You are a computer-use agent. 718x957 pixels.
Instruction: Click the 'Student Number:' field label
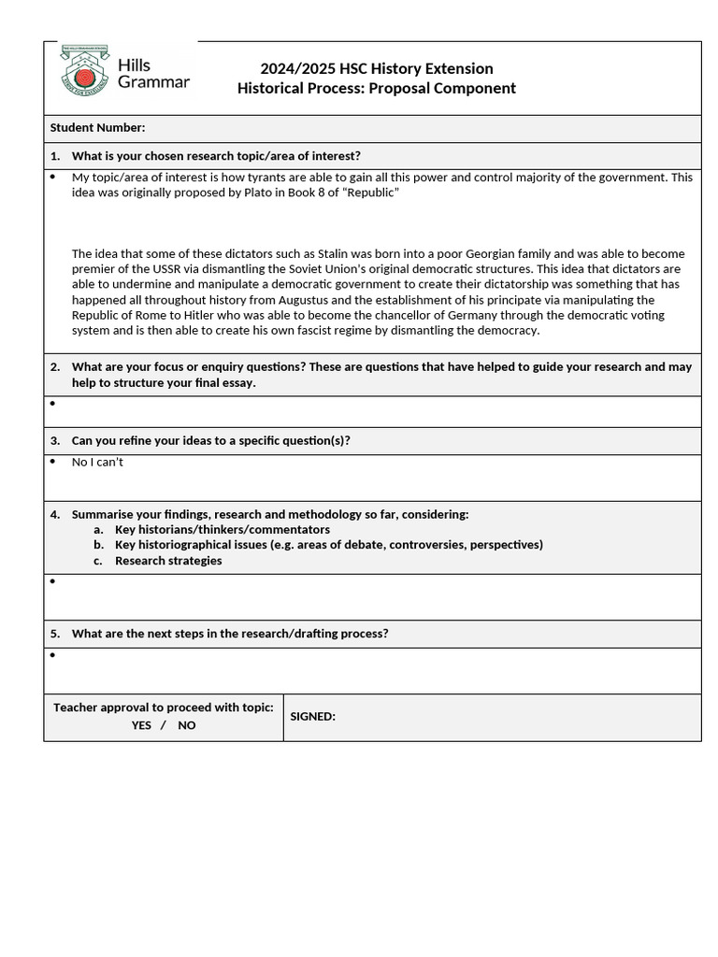tap(97, 128)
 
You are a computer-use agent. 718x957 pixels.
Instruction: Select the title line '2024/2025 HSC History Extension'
tap(376, 68)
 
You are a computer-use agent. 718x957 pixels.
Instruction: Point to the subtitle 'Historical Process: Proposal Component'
tap(376, 88)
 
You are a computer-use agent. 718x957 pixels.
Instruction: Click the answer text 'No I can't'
tap(97, 462)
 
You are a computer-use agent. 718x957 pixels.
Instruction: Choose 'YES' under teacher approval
tap(141, 725)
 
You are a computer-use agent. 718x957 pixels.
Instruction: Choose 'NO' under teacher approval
tap(187, 725)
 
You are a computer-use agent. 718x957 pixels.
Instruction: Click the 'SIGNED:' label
tap(312, 717)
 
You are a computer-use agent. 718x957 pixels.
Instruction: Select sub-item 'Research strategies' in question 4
tap(168, 561)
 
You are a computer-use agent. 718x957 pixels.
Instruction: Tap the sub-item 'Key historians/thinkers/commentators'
tap(222, 529)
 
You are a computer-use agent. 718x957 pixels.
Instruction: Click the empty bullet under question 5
tap(52, 655)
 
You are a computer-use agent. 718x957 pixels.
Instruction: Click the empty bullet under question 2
tap(52, 404)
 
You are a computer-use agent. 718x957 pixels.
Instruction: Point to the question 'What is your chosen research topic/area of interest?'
tap(216, 156)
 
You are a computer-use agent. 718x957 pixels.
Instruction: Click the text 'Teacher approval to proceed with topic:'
tap(164, 707)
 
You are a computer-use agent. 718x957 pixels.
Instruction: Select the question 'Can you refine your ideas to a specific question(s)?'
tap(211, 440)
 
